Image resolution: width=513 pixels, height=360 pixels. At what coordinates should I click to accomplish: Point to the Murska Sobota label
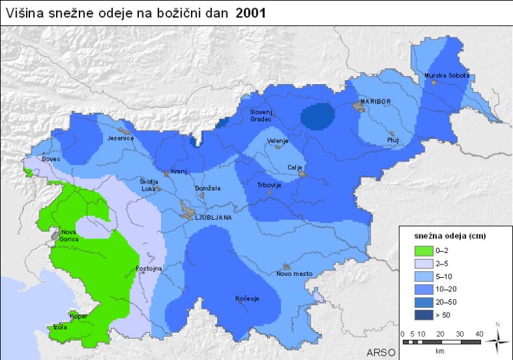click(x=447, y=75)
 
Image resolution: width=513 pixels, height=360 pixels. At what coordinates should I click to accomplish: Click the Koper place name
click(x=78, y=316)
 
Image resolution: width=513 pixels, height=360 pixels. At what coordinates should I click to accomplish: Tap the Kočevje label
click(x=246, y=299)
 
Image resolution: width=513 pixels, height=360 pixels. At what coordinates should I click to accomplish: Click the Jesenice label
click(x=121, y=138)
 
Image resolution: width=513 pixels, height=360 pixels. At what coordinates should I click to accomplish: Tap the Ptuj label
click(x=393, y=140)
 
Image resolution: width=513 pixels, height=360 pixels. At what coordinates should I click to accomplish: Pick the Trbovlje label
click(x=269, y=185)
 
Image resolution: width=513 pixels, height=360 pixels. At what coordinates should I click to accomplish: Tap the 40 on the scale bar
click(x=478, y=333)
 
